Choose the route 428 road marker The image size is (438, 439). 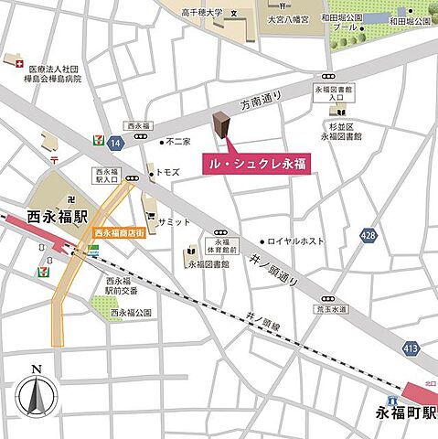[368, 235]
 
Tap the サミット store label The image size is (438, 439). [173, 221]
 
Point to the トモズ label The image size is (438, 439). [167, 171]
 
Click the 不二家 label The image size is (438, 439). [176, 142]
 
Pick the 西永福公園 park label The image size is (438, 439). [128, 313]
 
